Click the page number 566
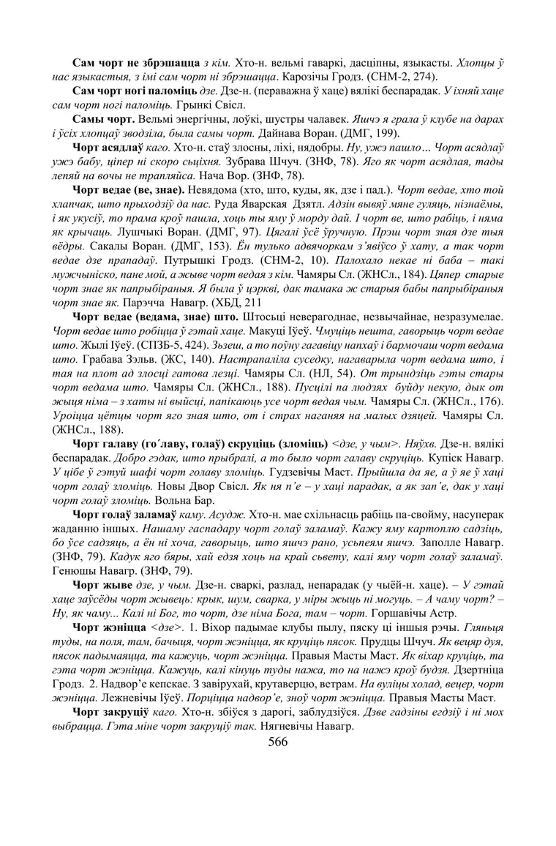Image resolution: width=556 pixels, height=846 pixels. point(278,741)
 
